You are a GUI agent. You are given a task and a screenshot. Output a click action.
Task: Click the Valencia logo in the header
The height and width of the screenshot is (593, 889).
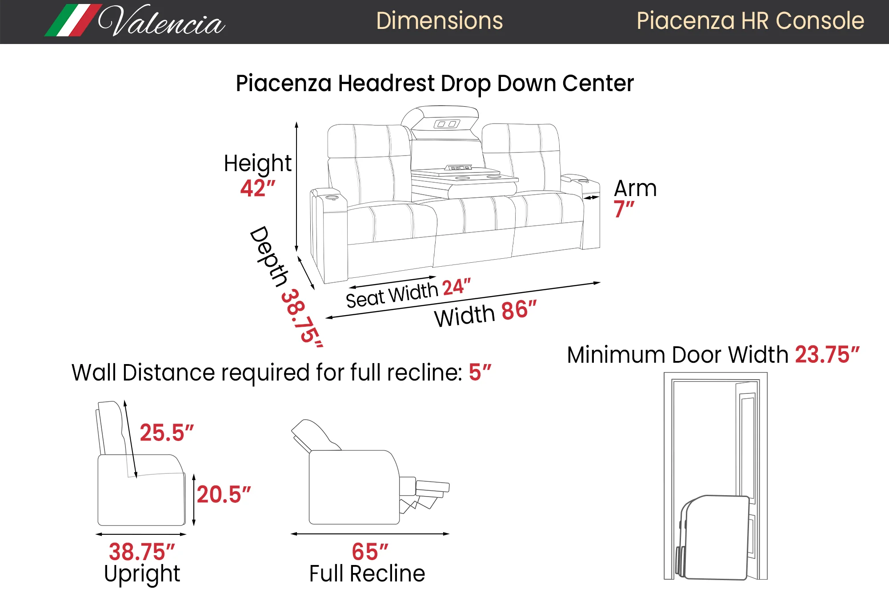click(135, 20)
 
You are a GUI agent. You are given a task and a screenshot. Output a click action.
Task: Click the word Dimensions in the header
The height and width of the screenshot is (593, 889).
click(439, 21)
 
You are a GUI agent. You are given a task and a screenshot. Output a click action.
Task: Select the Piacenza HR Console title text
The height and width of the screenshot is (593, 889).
click(750, 21)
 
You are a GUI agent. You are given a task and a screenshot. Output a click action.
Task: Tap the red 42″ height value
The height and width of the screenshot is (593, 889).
click(258, 188)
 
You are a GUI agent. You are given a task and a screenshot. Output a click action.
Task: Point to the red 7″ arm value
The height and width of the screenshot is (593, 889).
click(624, 209)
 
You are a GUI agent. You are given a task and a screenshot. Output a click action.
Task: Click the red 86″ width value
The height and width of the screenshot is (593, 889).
click(519, 310)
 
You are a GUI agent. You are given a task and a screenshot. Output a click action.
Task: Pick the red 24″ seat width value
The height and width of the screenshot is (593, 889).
click(457, 287)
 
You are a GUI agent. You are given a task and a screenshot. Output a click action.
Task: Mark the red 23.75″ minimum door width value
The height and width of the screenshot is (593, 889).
click(827, 355)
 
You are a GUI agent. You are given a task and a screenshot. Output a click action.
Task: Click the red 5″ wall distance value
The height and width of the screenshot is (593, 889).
click(480, 373)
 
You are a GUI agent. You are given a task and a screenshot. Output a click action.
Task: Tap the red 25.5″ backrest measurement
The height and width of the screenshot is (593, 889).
click(167, 433)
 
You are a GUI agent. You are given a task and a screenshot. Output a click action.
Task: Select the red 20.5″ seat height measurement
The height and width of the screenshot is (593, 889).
click(224, 494)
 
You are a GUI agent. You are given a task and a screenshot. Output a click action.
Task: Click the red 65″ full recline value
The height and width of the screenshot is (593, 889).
click(370, 552)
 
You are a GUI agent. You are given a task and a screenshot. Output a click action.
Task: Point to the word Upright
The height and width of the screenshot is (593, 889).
click(142, 574)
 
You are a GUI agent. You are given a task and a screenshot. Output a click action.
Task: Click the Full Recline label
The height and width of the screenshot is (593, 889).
click(367, 573)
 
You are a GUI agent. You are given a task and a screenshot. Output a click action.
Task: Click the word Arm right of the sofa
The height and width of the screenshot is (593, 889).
click(635, 188)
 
